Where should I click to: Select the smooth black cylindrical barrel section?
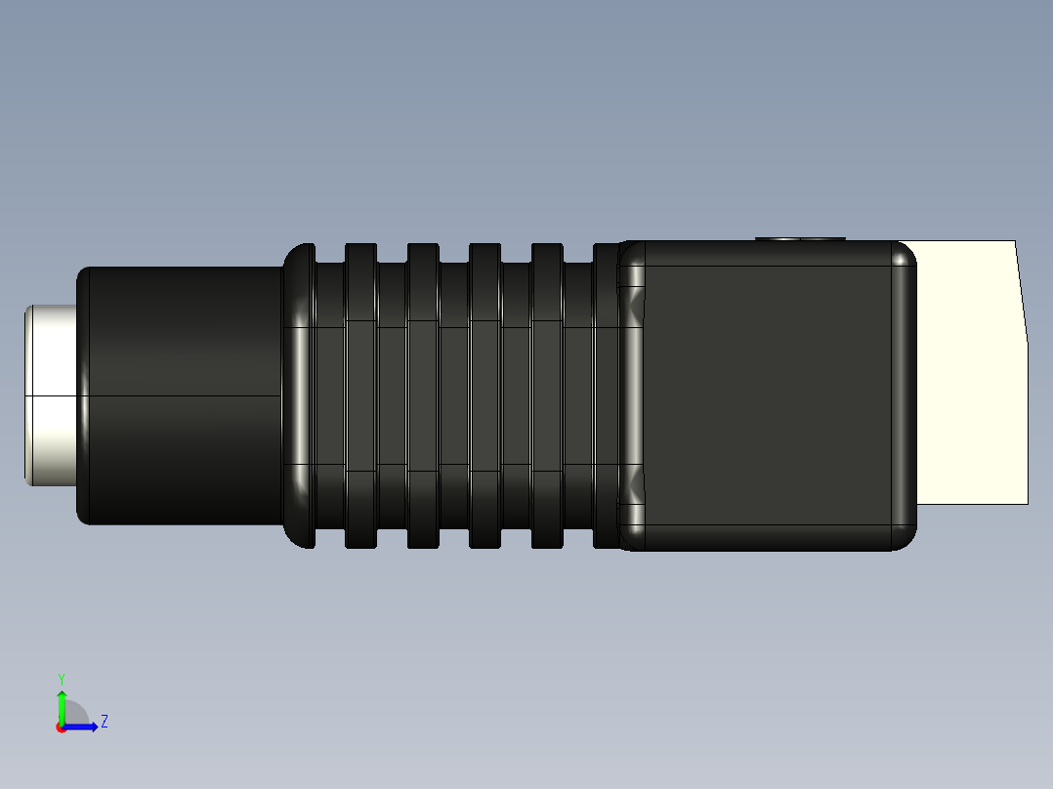181,395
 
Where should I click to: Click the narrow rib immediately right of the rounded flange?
360,395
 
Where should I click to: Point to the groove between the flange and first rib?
330,395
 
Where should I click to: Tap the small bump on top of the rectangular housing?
801,237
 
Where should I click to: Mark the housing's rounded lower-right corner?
903,536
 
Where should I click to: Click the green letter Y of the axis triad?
61,678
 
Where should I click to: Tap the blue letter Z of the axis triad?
104,722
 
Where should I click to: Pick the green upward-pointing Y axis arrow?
62,703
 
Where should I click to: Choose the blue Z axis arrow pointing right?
84,727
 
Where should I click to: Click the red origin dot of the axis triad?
61,727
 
